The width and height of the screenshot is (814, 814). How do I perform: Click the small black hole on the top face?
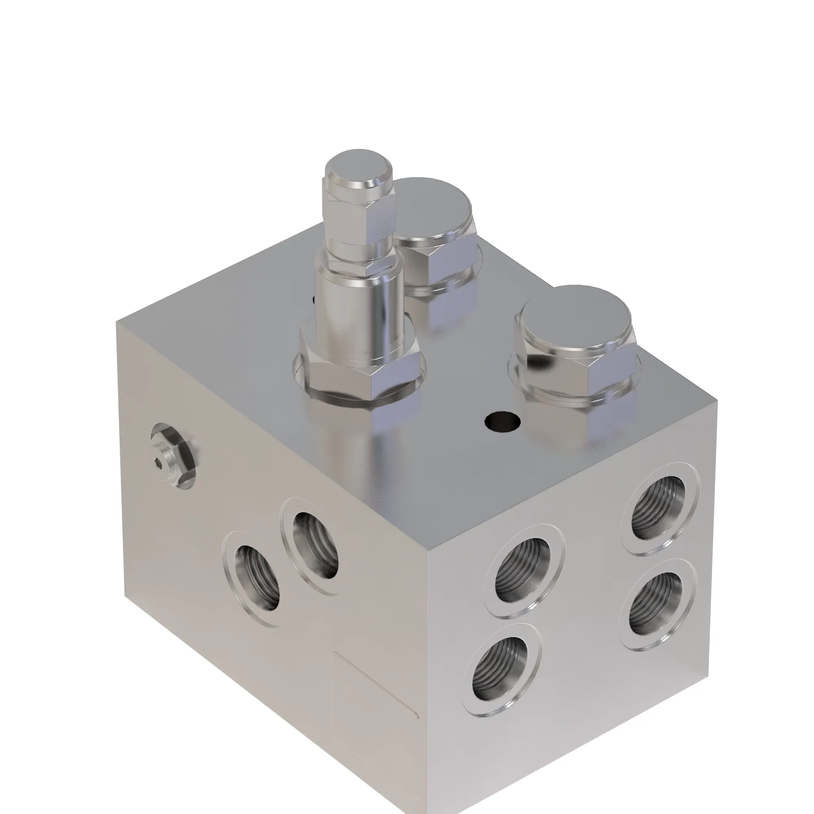pos(502,421)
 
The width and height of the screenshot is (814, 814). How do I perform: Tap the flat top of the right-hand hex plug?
pos(575,318)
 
